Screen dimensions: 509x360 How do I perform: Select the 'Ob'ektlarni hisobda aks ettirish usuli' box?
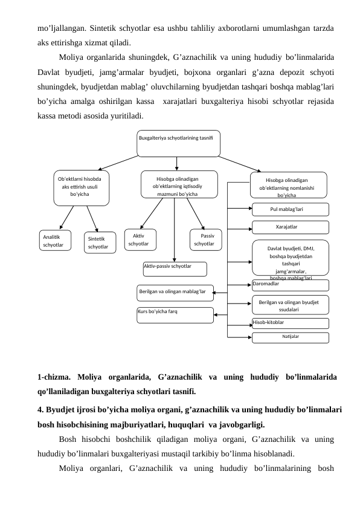[82, 187]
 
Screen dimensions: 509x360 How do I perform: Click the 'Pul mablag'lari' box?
[291, 209]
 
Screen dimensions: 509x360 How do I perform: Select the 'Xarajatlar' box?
[291, 227]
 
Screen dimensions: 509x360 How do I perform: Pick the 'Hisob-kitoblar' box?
[291, 323]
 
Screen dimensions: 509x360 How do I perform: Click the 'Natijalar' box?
[291, 337]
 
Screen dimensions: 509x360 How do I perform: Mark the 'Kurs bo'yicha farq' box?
[175, 314]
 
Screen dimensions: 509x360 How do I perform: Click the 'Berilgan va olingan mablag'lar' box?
[175, 292]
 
